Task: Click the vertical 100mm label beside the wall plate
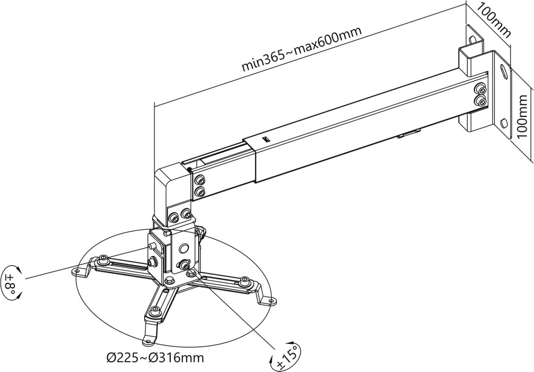click(x=522, y=116)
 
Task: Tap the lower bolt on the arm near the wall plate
click(x=480, y=102)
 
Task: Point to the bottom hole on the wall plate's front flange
click(x=504, y=123)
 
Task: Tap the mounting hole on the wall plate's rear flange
click(x=472, y=40)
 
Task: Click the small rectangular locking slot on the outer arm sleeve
click(x=266, y=140)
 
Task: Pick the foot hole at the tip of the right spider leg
click(x=271, y=301)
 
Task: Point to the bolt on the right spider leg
click(x=244, y=281)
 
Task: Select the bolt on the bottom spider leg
click(x=155, y=311)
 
